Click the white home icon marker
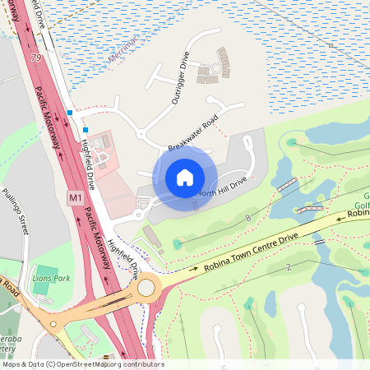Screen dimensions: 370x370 [185, 177]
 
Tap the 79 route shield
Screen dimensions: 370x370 [35, 58]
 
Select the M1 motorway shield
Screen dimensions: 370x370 [75, 198]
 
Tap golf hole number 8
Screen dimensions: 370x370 [247, 218]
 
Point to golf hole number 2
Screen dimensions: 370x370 [289, 268]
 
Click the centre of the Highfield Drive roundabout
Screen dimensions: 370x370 [148, 288]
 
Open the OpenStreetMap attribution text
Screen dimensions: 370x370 [82, 364]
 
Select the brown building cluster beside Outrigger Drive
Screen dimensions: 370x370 [215, 67]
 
